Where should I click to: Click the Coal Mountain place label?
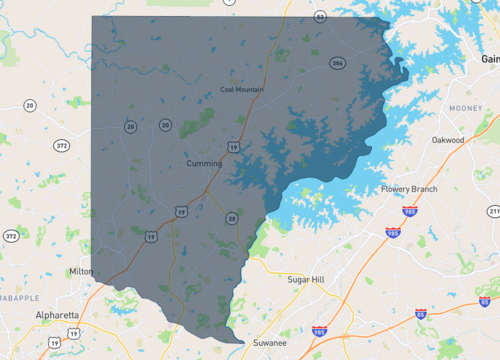(x=241, y=90)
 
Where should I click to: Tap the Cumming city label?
(x=204, y=162)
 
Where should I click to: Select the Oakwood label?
(x=448, y=141)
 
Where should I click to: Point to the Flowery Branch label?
(x=410, y=189)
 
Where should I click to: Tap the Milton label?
(x=81, y=272)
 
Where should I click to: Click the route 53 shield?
(x=319, y=17)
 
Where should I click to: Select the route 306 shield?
(x=337, y=63)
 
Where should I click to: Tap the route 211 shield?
(x=494, y=211)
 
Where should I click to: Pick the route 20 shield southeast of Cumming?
(x=231, y=218)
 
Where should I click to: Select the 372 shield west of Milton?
(x=11, y=237)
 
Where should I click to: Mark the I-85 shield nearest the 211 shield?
(x=484, y=300)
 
